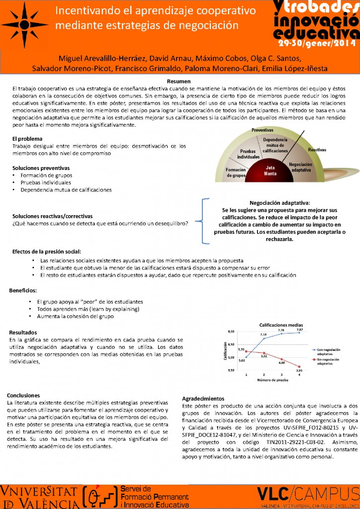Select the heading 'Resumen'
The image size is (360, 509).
coord(180,82)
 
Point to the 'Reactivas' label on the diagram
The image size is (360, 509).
coord(317,149)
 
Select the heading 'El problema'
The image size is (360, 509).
coord(27,139)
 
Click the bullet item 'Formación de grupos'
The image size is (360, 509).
coord(46,175)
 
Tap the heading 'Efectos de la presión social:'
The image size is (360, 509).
coord(47,252)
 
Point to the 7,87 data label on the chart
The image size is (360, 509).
coord(299,330)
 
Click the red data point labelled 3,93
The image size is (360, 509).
coord(299,366)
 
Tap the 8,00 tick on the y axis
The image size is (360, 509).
coord(231,331)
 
